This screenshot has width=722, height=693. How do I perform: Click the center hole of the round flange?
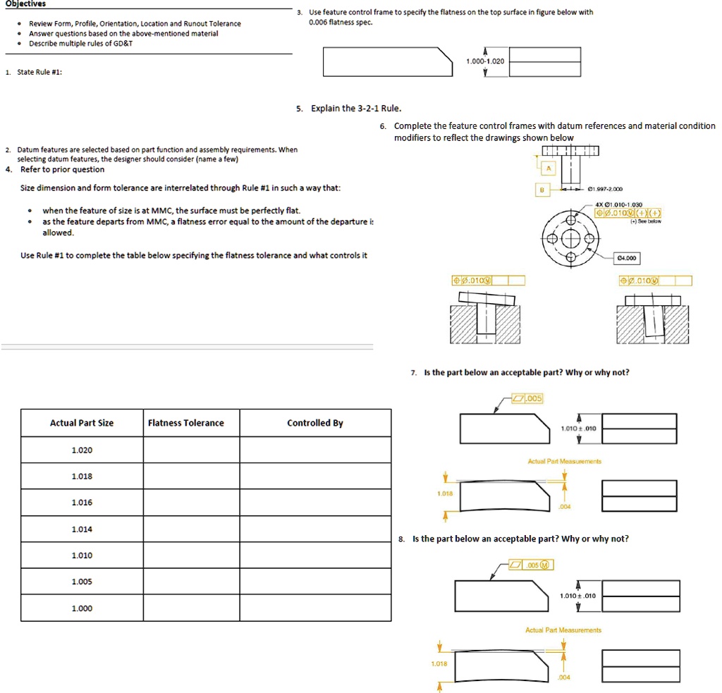tap(569, 238)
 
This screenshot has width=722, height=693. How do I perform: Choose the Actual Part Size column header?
tap(82, 423)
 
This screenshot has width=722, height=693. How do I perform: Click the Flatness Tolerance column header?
tap(186, 423)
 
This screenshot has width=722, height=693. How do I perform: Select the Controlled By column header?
tap(315, 423)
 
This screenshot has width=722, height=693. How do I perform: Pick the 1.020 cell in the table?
tap(82, 450)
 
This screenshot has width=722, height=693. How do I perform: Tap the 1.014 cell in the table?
tap(82, 529)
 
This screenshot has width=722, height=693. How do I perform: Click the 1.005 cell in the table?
tap(82, 582)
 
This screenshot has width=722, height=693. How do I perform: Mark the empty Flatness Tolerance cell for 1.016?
tap(192, 503)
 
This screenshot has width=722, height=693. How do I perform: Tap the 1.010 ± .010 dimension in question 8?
tap(578, 596)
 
